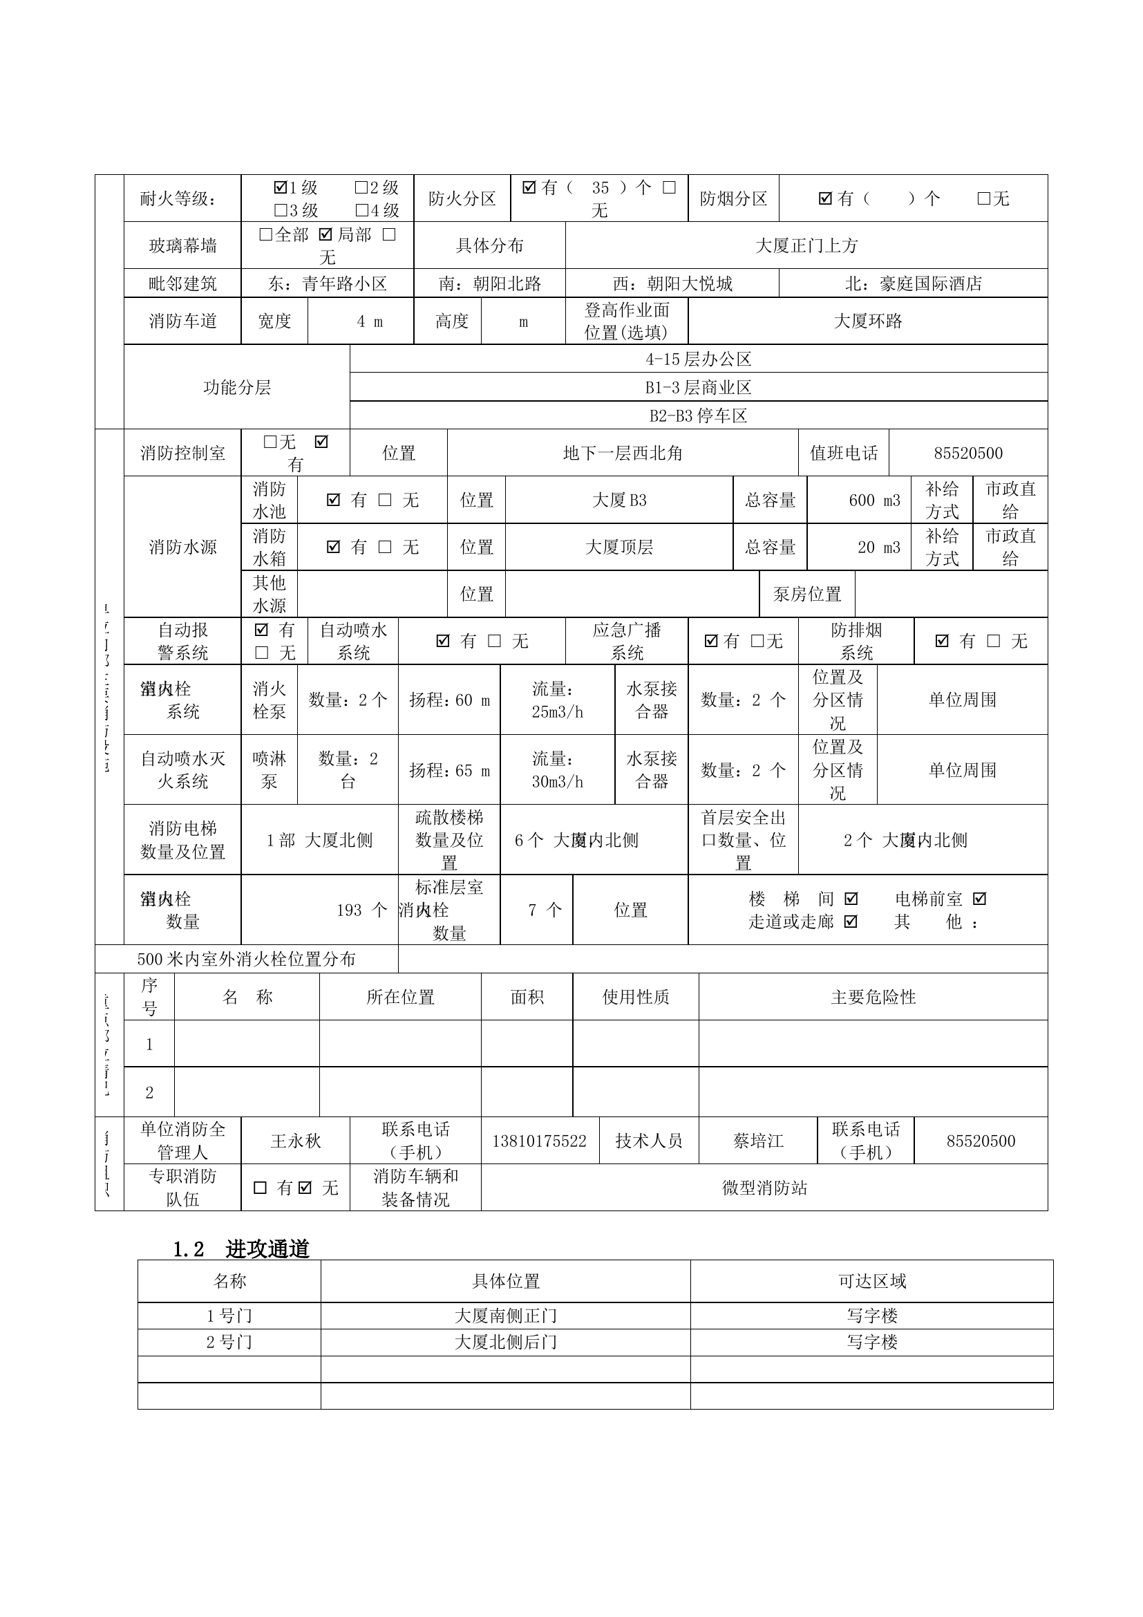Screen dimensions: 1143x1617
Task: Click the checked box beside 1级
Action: coord(280,187)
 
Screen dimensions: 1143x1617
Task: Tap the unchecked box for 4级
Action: coord(361,210)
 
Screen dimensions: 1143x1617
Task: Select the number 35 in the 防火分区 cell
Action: coord(600,187)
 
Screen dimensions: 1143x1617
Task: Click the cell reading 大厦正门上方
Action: coord(806,245)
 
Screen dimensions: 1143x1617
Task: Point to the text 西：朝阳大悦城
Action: coord(672,283)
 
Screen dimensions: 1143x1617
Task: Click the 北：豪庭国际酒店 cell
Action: coord(913,283)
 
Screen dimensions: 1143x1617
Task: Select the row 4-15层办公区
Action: coord(698,359)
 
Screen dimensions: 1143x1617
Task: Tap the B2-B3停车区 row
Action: coord(698,415)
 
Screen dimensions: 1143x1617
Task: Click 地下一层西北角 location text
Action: coord(622,453)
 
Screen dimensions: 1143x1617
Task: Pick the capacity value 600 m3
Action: coord(874,500)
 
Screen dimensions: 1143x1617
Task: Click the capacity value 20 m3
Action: coord(878,548)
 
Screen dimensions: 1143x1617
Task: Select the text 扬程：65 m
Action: coord(449,770)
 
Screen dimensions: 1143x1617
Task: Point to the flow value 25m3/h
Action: coord(558,712)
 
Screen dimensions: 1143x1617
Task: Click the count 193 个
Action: coord(361,910)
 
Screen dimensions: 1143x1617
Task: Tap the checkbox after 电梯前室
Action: coord(979,899)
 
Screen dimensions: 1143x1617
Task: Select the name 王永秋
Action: coord(296,1141)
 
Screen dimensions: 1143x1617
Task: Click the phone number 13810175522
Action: coord(539,1141)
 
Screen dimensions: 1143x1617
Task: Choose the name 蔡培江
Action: coord(758,1141)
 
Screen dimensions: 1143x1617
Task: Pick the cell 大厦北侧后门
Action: coord(505,1342)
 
